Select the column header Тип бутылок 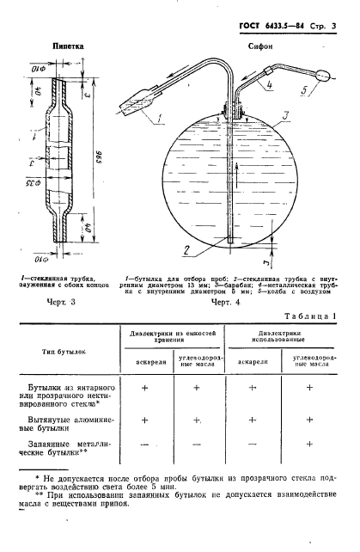pos(63,351)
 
